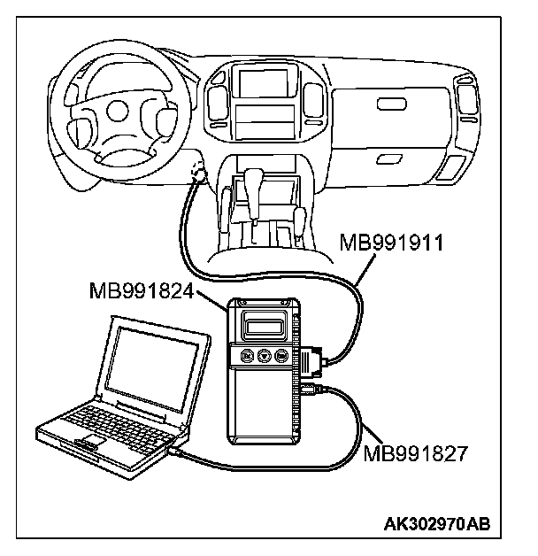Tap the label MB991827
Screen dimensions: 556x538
414,453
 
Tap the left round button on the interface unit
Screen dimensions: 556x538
244,357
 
